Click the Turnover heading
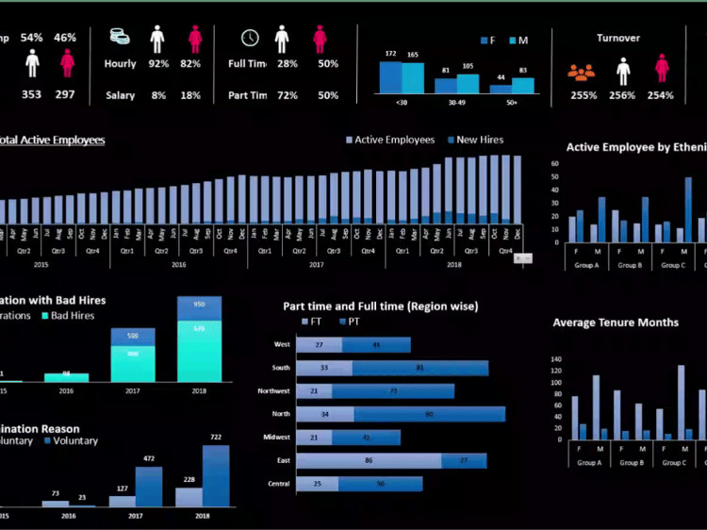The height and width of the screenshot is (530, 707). (617, 38)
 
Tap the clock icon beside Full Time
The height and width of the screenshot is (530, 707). (250, 38)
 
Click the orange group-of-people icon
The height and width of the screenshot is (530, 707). (582, 72)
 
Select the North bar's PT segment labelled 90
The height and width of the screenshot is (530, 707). (429, 414)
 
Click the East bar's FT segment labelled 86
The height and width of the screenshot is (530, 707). (369, 460)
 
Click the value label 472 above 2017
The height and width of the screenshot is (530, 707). (148, 459)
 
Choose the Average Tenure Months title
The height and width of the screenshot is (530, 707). (615, 323)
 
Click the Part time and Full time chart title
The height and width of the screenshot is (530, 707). (380, 306)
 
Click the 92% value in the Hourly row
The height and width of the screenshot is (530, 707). (158, 64)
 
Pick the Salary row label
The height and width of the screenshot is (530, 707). (120, 95)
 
